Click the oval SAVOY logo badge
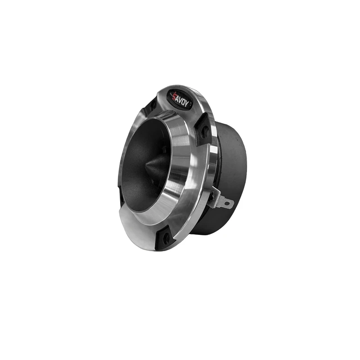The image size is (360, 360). click(181, 100)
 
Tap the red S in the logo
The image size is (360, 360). click(175, 96)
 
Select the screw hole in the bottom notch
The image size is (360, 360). click(166, 238)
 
